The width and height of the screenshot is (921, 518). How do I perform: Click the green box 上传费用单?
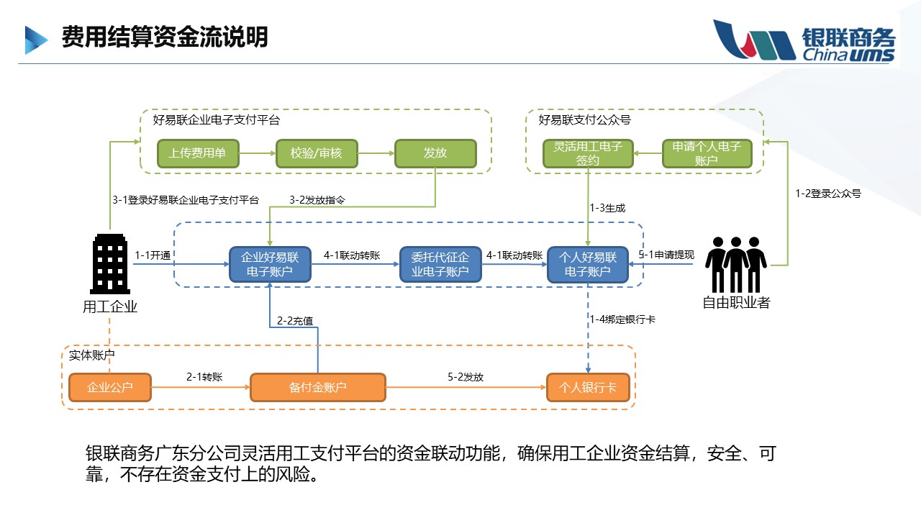(x=198, y=153)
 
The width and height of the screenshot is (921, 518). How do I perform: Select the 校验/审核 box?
(x=317, y=153)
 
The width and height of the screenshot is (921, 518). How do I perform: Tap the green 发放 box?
(x=435, y=153)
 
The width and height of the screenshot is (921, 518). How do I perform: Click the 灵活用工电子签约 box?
(x=588, y=153)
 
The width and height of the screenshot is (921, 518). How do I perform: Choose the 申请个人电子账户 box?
(x=707, y=153)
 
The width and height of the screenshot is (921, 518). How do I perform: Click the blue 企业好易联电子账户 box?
(x=270, y=264)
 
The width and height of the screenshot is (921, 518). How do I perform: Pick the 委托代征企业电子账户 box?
(x=440, y=264)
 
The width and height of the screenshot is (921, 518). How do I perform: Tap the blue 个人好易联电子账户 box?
(x=588, y=264)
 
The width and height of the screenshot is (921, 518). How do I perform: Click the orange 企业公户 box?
(x=110, y=387)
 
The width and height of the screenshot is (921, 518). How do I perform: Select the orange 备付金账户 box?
(x=318, y=387)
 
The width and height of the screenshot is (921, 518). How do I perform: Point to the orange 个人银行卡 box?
(x=588, y=387)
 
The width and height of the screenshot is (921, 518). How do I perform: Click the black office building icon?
(x=110, y=264)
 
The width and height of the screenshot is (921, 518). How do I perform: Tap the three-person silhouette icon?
(x=736, y=264)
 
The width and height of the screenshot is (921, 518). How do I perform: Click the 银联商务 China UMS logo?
(x=804, y=40)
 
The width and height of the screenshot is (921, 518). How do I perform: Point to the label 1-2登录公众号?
(x=828, y=194)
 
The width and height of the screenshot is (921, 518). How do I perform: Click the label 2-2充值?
(x=295, y=321)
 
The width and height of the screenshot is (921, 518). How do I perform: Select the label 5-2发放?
(x=466, y=377)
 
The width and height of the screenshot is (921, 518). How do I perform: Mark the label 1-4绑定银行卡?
(x=622, y=319)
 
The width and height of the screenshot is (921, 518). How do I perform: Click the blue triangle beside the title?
(x=36, y=40)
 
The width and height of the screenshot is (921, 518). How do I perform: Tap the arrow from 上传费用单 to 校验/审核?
(x=258, y=153)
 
